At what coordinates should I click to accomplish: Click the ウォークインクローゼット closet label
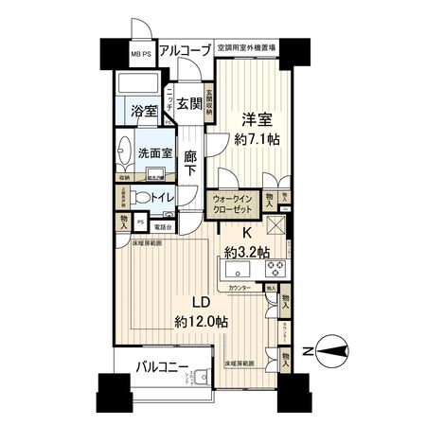[x=234, y=204]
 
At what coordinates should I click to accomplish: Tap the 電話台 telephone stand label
[x=165, y=227]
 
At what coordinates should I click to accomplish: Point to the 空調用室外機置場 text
[x=244, y=46]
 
